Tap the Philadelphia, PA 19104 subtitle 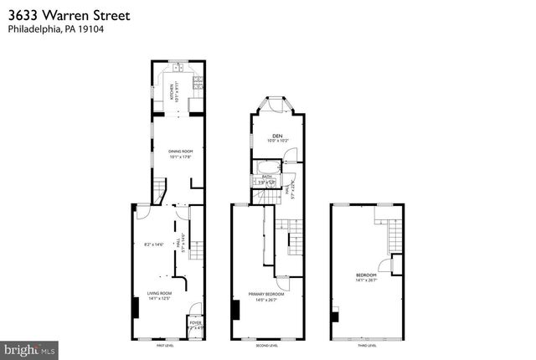click(56, 29)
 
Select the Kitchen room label click(174, 91)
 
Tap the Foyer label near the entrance click(194, 321)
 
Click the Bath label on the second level click(267, 177)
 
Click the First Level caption click(165, 345)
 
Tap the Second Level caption click(266, 345)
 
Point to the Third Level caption click(367, 345)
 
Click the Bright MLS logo click(30, 347)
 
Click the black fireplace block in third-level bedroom click(336, 316)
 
